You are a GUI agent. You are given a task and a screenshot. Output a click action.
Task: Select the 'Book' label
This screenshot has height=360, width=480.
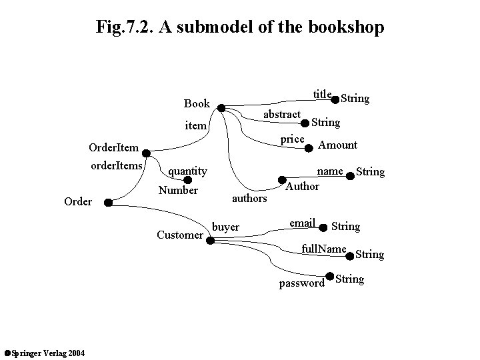pos(197,103)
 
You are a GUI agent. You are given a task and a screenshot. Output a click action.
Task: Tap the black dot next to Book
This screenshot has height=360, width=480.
pos(222,107)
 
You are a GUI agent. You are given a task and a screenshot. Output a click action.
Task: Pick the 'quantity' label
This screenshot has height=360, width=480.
pos(187,171)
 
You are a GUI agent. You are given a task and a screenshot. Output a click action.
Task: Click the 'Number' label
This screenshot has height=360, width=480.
pos(178,191)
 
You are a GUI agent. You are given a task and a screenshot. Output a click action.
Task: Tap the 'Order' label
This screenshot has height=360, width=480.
pos(78,201)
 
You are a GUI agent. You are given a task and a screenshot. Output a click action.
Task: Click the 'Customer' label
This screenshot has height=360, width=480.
pos(179,235)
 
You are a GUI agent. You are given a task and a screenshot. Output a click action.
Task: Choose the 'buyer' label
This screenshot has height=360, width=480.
pos(225,227)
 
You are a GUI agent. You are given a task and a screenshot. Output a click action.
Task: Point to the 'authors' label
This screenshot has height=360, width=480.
pos(249,198)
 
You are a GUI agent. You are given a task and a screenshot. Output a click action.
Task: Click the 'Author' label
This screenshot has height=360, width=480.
pos(302,187)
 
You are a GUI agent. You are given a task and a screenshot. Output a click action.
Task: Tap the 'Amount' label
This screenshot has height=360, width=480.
pos(337,145)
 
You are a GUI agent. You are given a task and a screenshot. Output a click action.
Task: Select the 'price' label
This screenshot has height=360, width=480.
pos(292,139)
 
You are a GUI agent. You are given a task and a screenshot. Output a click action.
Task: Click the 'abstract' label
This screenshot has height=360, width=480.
pos(282,115)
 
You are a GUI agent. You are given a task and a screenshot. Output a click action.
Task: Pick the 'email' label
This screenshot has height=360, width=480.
pos(302,223)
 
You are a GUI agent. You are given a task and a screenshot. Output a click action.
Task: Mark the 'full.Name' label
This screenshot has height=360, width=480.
pos(323,249)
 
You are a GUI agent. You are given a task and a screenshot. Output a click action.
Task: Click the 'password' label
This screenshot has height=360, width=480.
pos(301,283)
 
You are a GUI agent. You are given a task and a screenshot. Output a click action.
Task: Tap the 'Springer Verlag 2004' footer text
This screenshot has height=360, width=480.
pos(43,352)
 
